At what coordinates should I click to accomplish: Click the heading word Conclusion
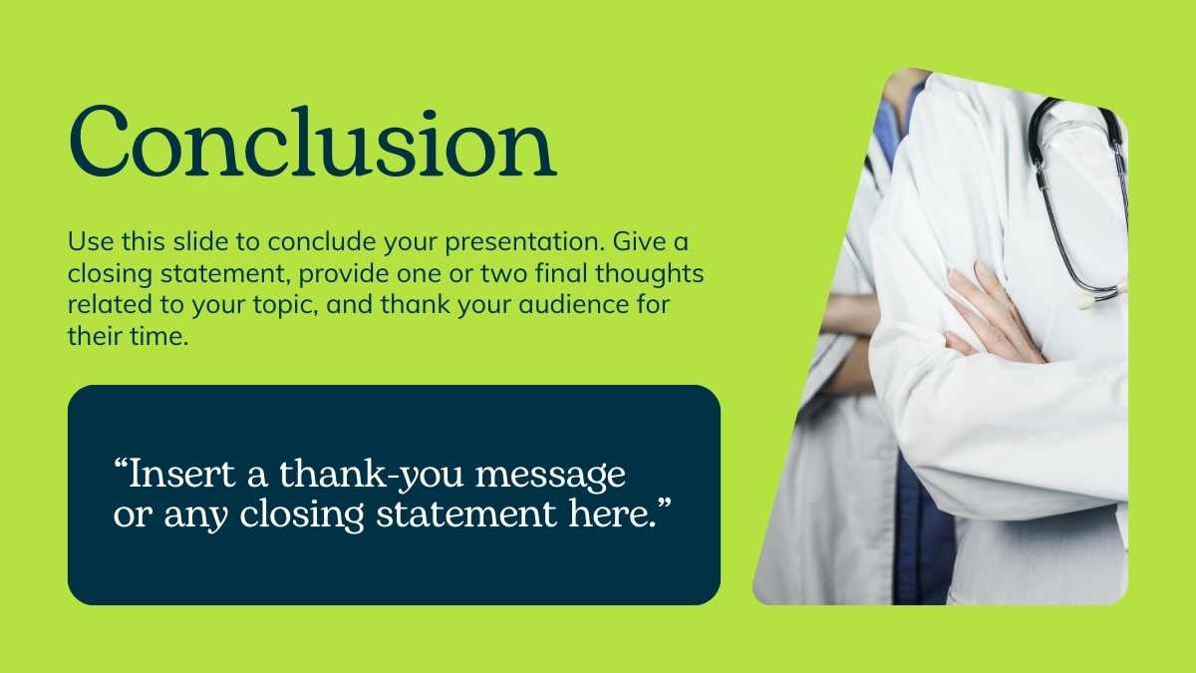(x=313, y=142)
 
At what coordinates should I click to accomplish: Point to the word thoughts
(x=649, y=274)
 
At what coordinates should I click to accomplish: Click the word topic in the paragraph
(x=286, y=305)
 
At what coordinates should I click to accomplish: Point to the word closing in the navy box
(x=302, y=514)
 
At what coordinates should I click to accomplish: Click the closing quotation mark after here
(x=664, y=504)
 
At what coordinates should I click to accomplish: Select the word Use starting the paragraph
(x=91, y=242)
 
